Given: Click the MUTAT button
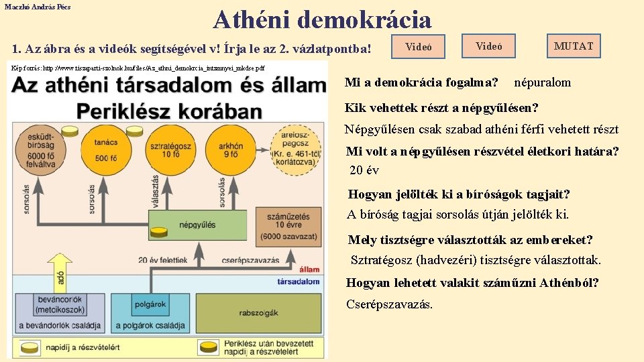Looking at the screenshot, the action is [573, 46].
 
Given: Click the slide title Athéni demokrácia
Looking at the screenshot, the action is [322, 19].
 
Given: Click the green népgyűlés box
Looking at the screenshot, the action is [195, 226].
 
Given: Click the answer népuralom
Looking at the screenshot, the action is [542, 82].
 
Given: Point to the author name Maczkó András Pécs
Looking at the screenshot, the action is [37, 6].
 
